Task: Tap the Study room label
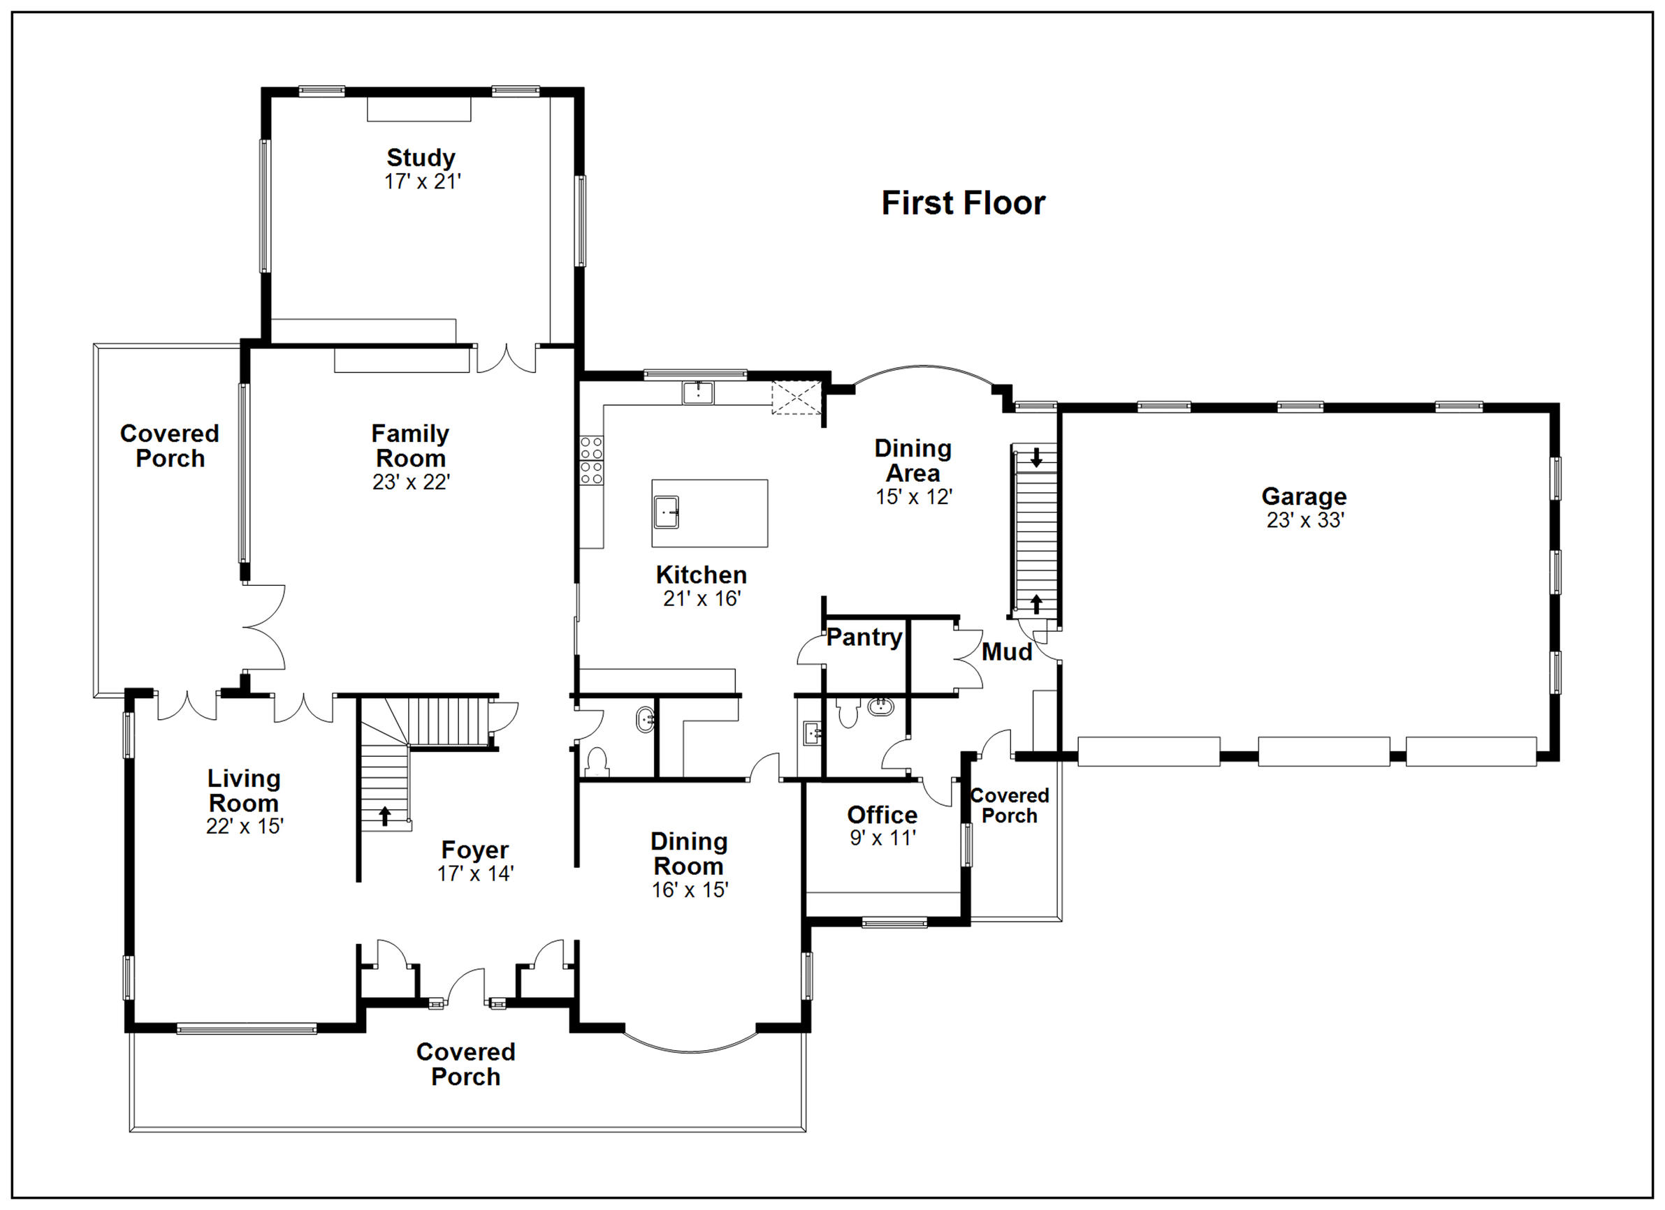pyautogui.click(x=421, y=158)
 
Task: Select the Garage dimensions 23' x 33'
pyautogui.click(x=1304, y=520)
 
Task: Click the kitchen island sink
pyautogui.click(x=667, y=512)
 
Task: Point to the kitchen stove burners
pyautogui.click(x=592, y=460)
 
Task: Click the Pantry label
pyautogui.click(x=864, y=637)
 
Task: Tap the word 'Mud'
pyautogui.click(x=1007, y=651)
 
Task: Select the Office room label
pyautogui.click(x=882, y=815)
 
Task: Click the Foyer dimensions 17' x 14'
pyautogui.click(x=475, y=873)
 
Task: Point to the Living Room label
pyautogui.click(x=244, y=790)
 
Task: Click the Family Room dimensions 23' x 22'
pyautogui.click(x=410, y=482)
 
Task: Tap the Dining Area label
pyautogui.click(x=913, y=460)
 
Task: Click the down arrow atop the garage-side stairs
pyautogui.click(x=1036, y=458)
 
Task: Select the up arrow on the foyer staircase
pyautogui.click(x=384, y=817)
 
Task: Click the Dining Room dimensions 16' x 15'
pyautogui.click(x=690, y=890)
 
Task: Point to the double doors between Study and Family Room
pyautogui.click(x=506, y=358)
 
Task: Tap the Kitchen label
pyautogui.click(x=701, y=575)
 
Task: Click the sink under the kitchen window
pyautogui.click(x=697, y=392)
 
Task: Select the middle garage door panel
pyautogui.click(x=1323, y=751)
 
